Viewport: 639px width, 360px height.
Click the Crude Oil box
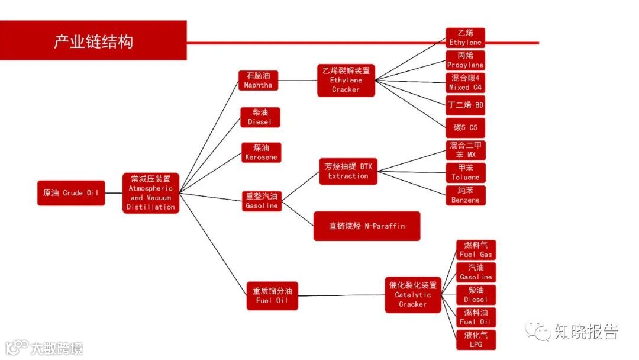(x=71, y=193)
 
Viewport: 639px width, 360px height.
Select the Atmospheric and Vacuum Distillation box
(x=151, y=193)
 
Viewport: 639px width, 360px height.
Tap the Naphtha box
(x=258, y=81)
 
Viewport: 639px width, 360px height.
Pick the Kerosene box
(x=260, y=152)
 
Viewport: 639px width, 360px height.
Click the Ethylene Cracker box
(x=346, y=80)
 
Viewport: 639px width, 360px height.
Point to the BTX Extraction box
(x=348, y=171)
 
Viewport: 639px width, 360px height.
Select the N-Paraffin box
(x=367, y=226)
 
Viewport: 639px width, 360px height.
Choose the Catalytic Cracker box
(x=413, y=294)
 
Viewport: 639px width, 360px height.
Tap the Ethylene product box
(x=466, y=38)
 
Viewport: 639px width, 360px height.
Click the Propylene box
(x=466, y=60)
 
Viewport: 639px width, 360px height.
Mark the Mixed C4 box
(x=466, y=83)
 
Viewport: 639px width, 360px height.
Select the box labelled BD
(x=466, y=105)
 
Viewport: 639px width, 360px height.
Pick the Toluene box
(x=466, y=173)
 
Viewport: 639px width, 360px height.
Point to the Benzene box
(x=466, y=195)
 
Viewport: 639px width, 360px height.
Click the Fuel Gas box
(x=476, y=249)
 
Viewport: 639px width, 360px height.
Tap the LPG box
(x=476, y=340)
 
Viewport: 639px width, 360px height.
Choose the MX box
(x=466, y=150)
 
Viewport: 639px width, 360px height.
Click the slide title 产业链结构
(x=93, y=41)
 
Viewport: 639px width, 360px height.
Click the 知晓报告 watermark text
(x=586, y=332)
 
